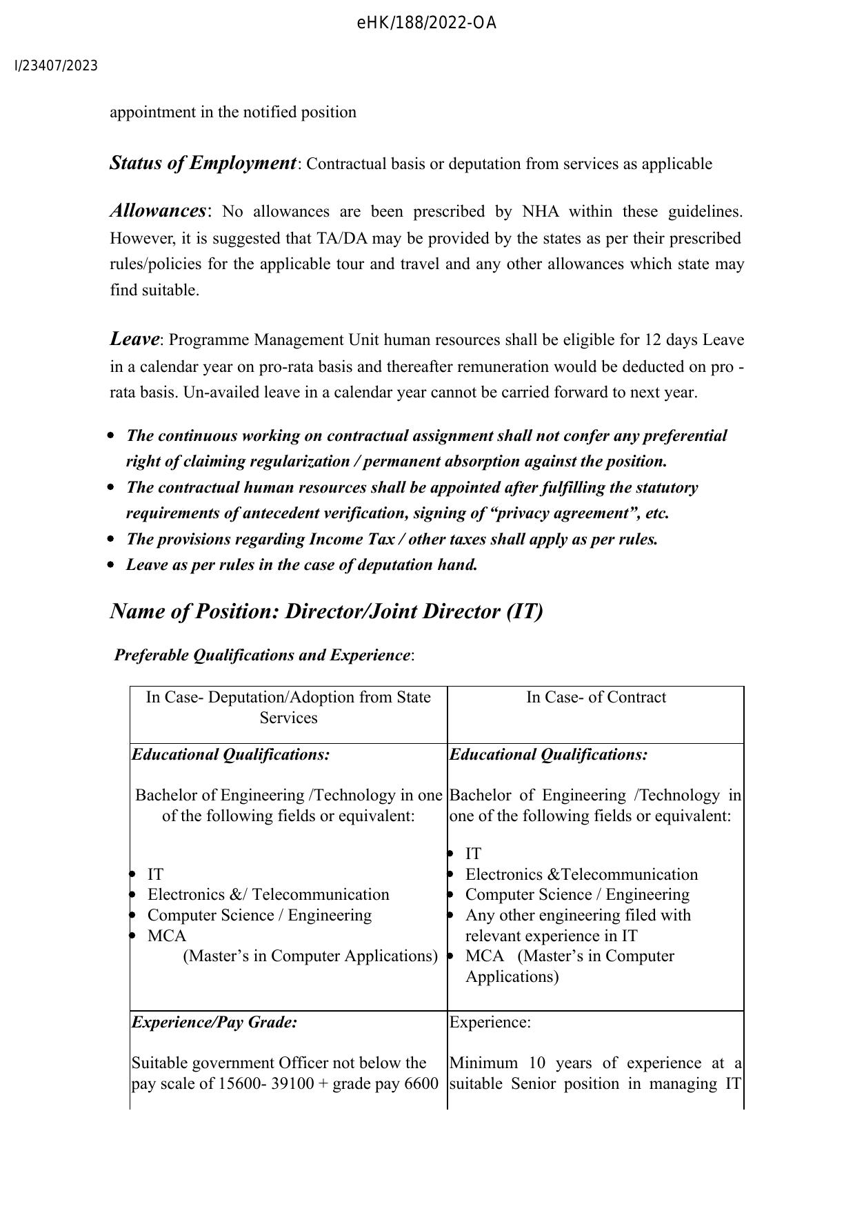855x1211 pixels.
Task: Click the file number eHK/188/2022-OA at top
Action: pos(427,24)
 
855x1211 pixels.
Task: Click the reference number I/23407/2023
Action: pos(57,66)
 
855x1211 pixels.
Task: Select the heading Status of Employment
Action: pos(203,164)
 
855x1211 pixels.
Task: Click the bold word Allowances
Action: pos(158,211)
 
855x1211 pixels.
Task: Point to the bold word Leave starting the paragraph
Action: pos(134,339)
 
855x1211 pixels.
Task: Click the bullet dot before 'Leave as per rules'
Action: pos(112,565)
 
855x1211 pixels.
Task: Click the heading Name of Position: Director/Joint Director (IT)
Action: pos(326,611)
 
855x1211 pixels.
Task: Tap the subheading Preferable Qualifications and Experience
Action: pos(262,655)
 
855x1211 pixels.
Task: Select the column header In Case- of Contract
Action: pos(596,697)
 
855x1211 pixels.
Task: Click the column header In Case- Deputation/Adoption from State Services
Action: pos(288,707)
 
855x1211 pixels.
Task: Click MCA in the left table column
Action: pos(167,936)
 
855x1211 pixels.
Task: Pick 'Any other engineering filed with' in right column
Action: pos(578,915)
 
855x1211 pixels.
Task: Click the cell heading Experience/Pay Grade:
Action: pos(214,1022)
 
